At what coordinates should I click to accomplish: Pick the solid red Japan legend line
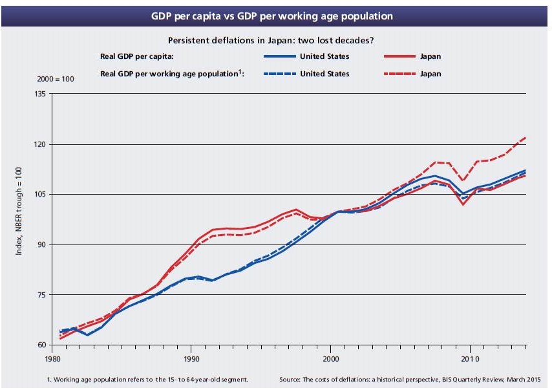coord(401,56)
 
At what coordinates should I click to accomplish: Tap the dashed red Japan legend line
coord(401,74)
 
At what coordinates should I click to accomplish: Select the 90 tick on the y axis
coord(40,245)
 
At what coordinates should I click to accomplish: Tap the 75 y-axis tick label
coord(40,295)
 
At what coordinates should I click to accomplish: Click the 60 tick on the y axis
coord(40,345)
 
